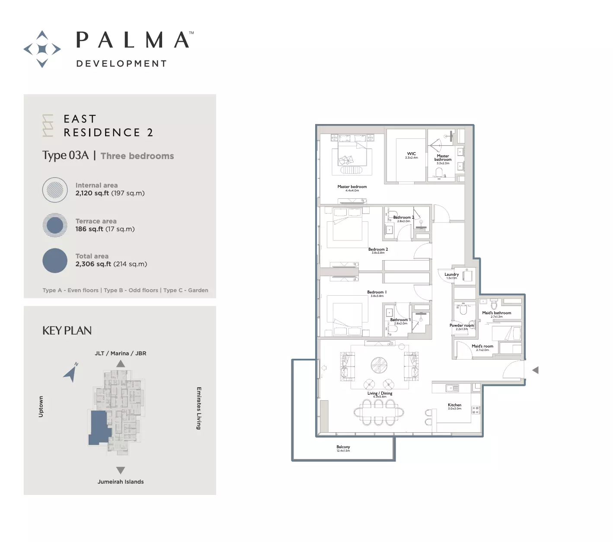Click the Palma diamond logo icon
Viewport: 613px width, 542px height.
point(42,49)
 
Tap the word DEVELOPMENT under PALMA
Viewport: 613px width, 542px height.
point(121,64)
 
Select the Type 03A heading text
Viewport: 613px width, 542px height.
point(65,156)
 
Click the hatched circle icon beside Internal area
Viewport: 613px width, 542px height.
point(55,190)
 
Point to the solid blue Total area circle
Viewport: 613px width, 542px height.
point(55,261)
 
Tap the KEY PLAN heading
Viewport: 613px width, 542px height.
point(67,331)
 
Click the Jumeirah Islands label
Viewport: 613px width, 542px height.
point(121,481)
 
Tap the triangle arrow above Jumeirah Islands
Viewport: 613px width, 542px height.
point(121,470)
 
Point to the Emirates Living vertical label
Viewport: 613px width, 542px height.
point(199,408)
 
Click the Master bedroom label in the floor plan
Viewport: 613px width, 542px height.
point(352,187)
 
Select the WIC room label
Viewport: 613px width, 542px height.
point(411,154)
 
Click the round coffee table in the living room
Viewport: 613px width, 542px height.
point(379,365)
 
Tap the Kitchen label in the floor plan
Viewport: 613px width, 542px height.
point(454,405)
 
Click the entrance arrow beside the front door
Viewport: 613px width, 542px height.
point(535,370)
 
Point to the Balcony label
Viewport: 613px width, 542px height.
point(343,447)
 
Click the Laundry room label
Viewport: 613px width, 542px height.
point(451,274)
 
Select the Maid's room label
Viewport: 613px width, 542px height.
point(482,346)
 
